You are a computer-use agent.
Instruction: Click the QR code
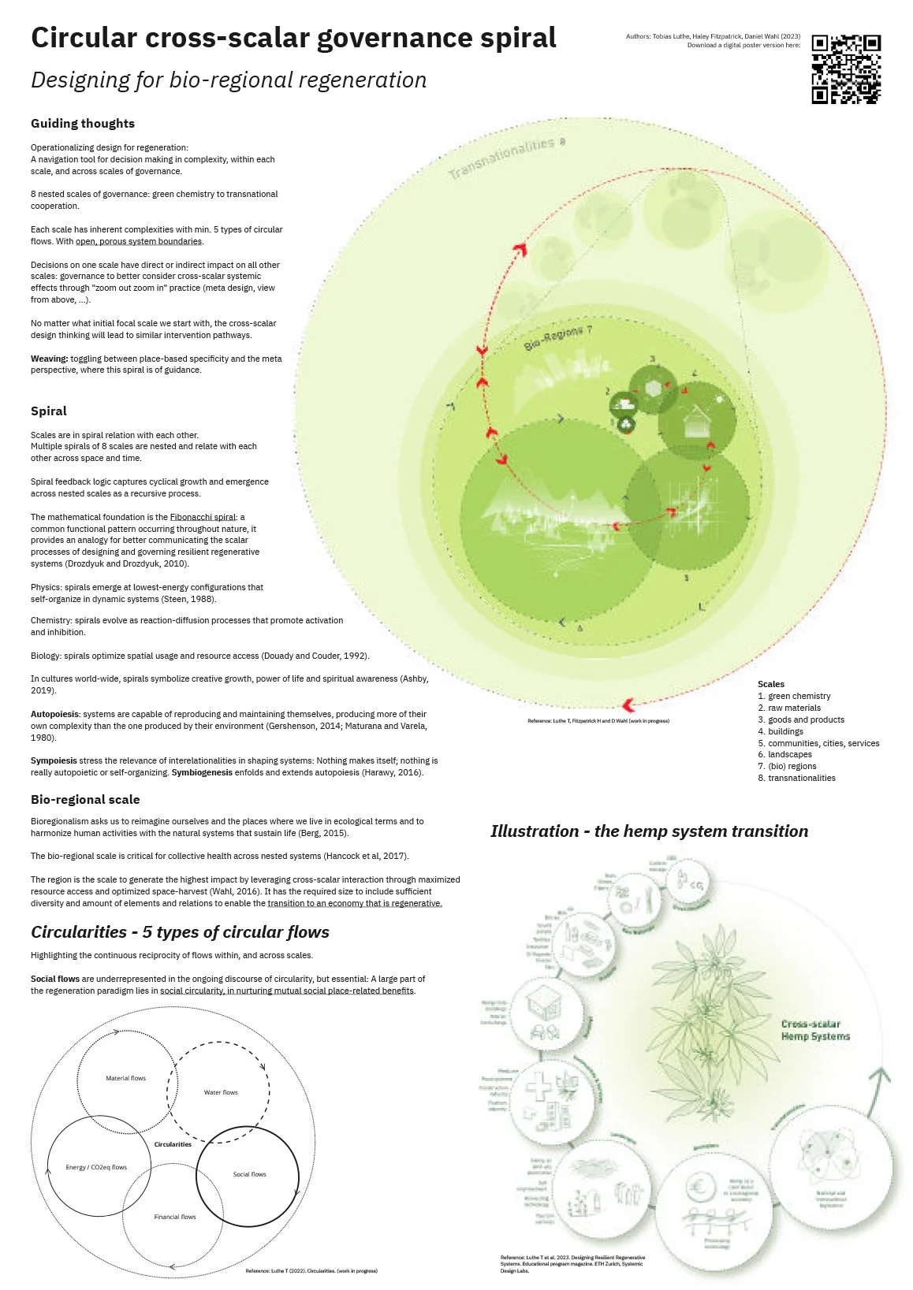pyautogui.click(x=846, y=69)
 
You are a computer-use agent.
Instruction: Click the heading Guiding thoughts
pyautogui.click(x=83, y=124)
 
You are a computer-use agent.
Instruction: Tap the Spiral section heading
pyautogui.click(x=49, y=411)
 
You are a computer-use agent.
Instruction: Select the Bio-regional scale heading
pyautogui.click(x=85, y=800)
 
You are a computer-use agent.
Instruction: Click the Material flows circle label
pyautogui.click(x=126, y=1078)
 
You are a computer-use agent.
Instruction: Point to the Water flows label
pyautogui.click(x=221, y=1092)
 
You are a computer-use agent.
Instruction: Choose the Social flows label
pyautogui.click(x=249, y=1174)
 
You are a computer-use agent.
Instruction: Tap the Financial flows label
pyautogui.click(x=175, y=1217)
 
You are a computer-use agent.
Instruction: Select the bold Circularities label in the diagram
pyautogui.click(x=173, y=1144)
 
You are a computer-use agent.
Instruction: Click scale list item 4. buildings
pyautogui.click(x=786, y=731)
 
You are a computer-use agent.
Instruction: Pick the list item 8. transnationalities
pyautogui.click(x=796, y=778)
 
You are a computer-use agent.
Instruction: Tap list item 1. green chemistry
pyautogui.click(x=794, y=696)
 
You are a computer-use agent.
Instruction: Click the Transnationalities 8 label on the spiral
pyautogui.click(x=507, y=157)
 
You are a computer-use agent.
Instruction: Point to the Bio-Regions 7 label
pyautogui.click(x=557, y=336)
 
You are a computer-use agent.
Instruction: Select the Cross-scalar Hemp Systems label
pyautogui.click(x=815, y=1030)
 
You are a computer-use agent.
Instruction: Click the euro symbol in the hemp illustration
pyautogui.click(x=699, y=1187)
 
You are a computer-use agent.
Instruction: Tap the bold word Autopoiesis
pyautogui.click(x=54, y=714)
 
